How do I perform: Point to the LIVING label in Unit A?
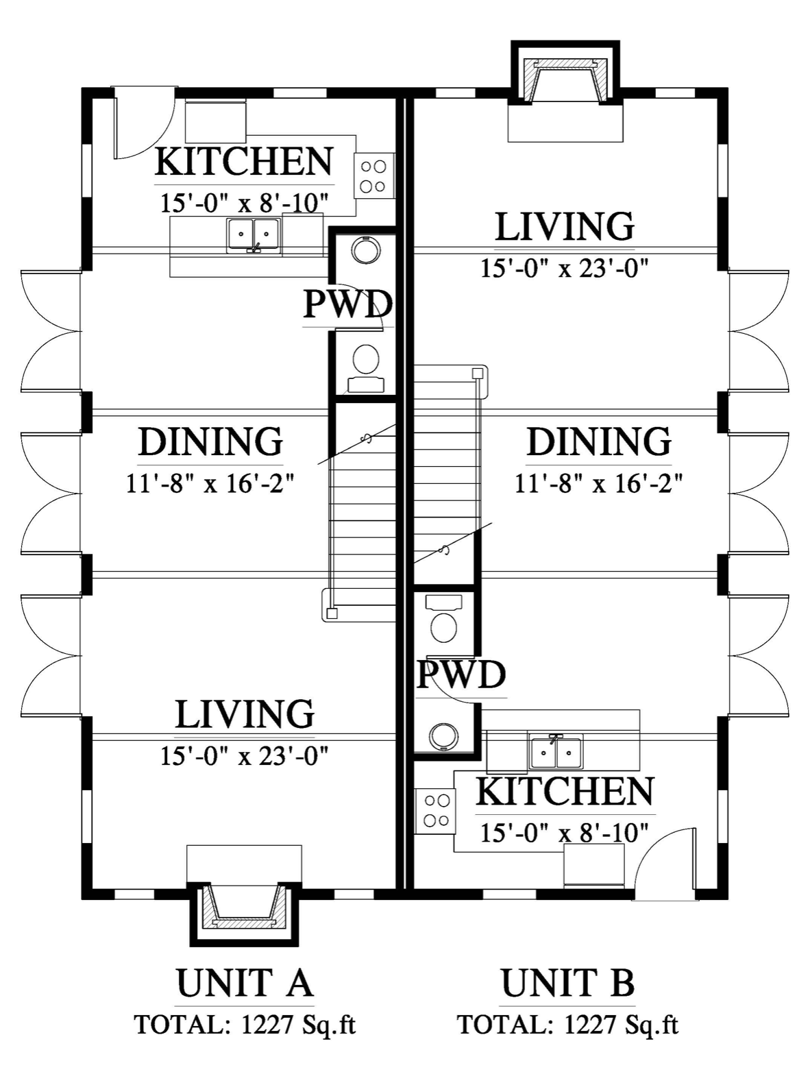(x=245, y=714)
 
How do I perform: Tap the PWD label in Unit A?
(x=347, y=304)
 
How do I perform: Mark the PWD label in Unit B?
(x=461, y=674)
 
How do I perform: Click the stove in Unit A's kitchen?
(x=373, y=176)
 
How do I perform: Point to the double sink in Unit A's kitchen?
(x=254, y=235)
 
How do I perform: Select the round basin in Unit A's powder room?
(x=366, y=251)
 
